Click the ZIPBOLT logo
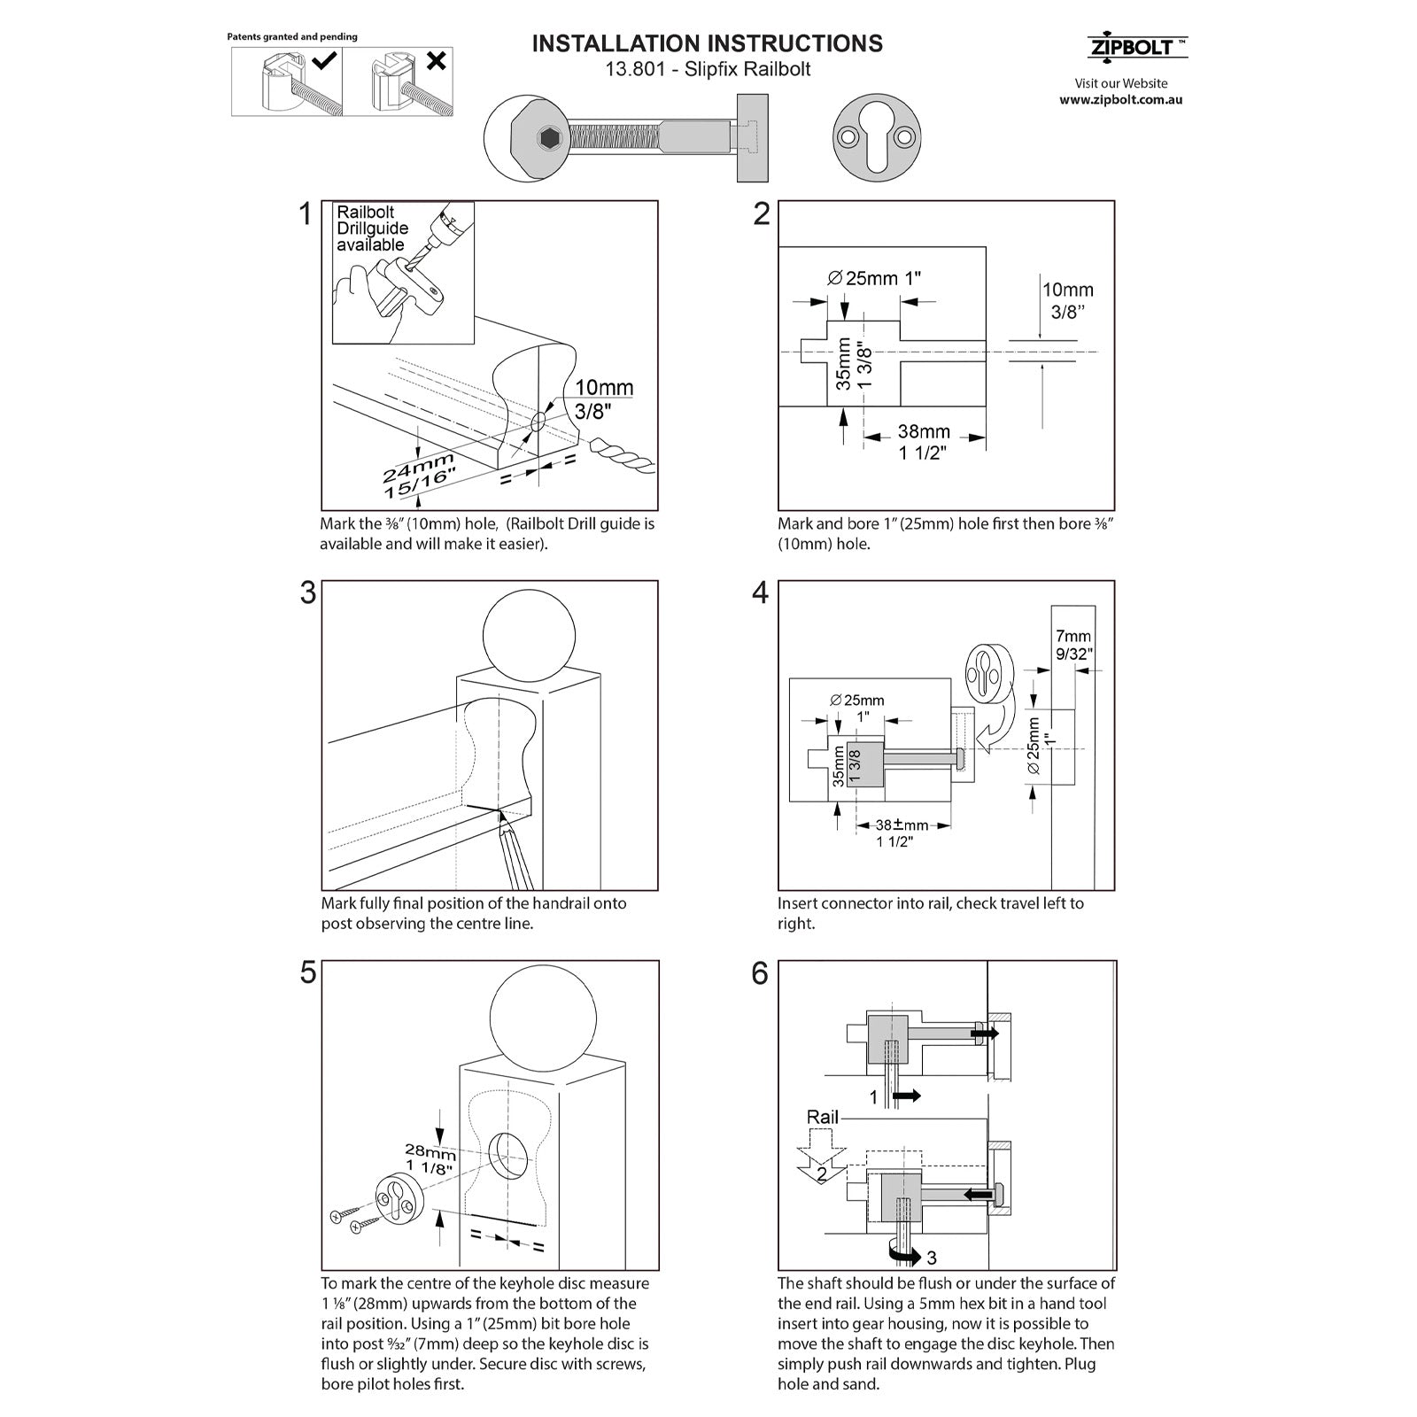(1136, 48)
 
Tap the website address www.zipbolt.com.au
(1120, 100)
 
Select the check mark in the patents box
(324, 60)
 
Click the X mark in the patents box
(436, 61)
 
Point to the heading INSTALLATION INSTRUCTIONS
(707, 43)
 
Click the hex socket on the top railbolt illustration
(546, 138)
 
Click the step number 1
(306, 214)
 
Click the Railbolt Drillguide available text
(371, 228)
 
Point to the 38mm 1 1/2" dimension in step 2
(924, 442)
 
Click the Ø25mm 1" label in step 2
(874, 278)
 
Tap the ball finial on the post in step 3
(529, 636)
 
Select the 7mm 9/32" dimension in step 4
(1073, 645)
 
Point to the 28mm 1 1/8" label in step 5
(430, 1159)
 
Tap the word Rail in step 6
(822, 1117)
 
